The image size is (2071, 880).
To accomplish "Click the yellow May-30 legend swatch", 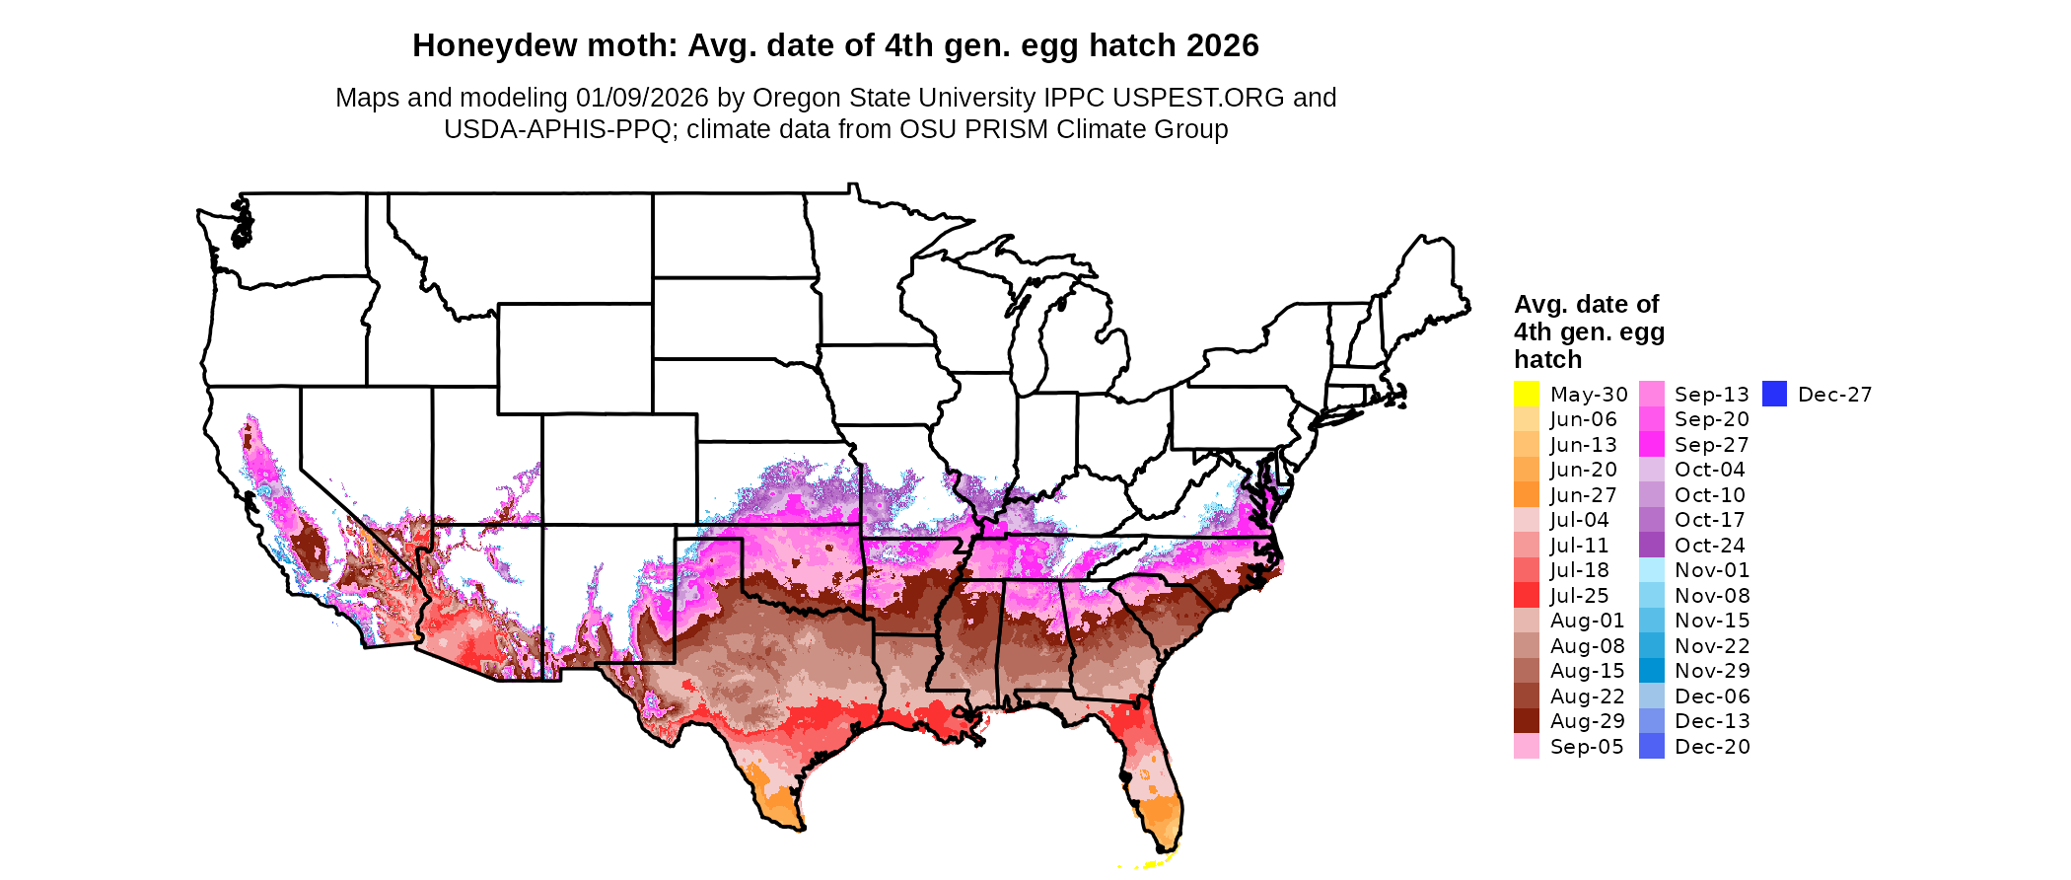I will (1526, 394).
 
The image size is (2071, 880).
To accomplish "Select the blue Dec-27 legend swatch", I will (1774, 394).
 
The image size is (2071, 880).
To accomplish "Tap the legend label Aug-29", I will (1587, 721).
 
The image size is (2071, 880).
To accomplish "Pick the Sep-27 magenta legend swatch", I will (1652, 444).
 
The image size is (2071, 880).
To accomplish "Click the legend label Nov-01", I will (1711, 570).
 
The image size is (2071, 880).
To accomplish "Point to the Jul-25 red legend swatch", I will (1526, 595).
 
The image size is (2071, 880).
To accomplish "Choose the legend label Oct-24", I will (1709, 546).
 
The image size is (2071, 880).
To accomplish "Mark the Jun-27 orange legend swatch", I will (1526, 494).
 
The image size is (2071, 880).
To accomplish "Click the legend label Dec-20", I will (1712, 747).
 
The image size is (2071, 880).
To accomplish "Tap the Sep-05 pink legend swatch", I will (1526, 747).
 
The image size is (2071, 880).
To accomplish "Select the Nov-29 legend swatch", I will (1652, 671).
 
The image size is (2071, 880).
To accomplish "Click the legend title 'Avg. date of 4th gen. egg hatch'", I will (1589, 331).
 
